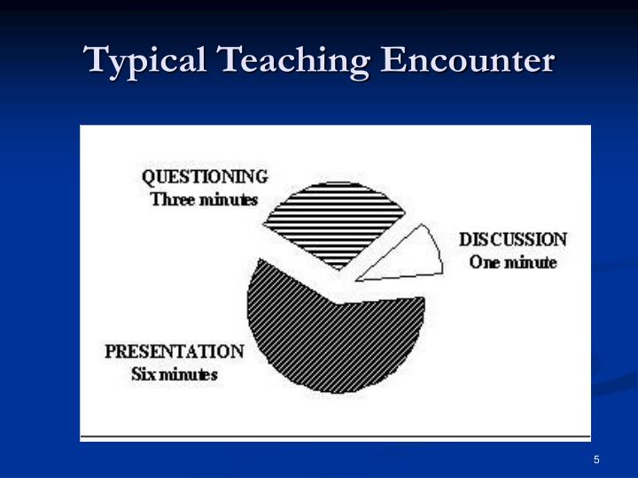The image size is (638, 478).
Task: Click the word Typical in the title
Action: tap(146, 61)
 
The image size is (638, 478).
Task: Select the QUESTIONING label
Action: tap(205, 176)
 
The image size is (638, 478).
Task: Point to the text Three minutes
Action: tap(205, 199)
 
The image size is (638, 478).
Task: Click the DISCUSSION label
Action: tap(513, 240)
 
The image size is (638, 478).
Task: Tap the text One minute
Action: tap(513, 263)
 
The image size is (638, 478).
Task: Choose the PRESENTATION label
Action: tap(175, 351)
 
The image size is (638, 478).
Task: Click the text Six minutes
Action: tap(175, 374)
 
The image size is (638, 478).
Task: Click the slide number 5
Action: tap(597, 459)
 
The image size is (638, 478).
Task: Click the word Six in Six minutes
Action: tap(143, 374)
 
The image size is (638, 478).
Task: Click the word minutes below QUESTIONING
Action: tap(227, 199)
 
